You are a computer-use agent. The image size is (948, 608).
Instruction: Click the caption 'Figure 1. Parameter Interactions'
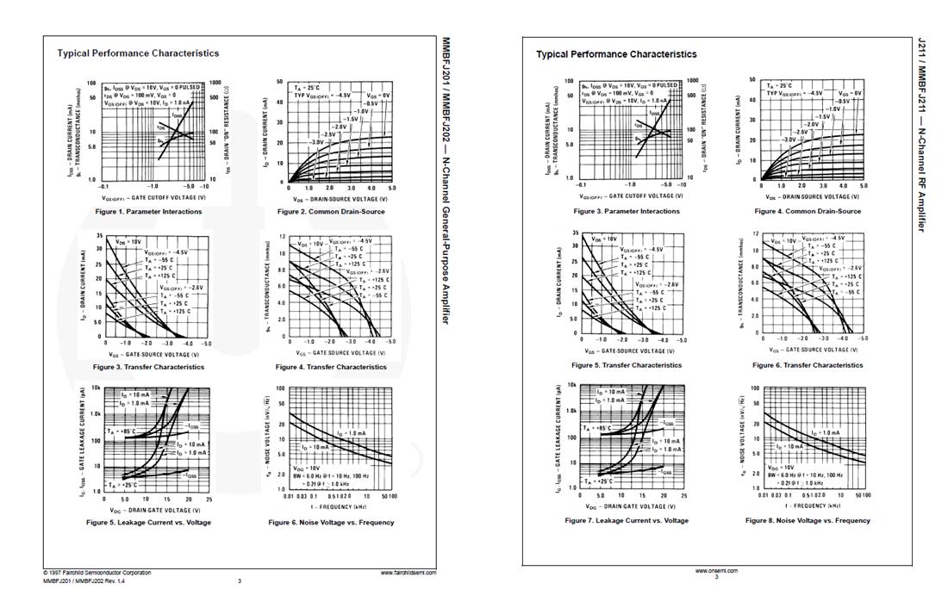pyautogui.click(x=148, y=212)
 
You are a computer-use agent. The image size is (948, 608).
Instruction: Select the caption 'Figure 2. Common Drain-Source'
pyautogui.click(x=331, y=212)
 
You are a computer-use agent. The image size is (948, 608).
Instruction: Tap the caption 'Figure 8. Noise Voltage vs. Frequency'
pyautogui.click(x=808, y=520)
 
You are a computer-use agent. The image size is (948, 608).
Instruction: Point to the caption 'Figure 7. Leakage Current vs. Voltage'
pyautogui.click(x=627, y=520)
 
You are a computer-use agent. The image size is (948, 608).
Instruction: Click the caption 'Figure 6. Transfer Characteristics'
pyautogui.click(x=808, y=365)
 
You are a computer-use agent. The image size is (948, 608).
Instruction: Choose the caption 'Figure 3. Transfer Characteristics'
pyautogui.click(x=148, y=367)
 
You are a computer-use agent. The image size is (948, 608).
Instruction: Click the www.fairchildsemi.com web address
pyautogui.click(x=408, y=573)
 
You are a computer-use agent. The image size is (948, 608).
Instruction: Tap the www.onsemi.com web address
pyautogui.click(x=715, y=570)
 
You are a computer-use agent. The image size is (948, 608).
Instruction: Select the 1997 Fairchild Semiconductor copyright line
pyautogui.click(x=97, y=573)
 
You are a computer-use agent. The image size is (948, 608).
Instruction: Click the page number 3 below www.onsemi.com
pyautogui.click(x=715, y=577)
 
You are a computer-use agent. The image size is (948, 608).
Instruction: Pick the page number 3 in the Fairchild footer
pyautogui.click(x=240, y=581)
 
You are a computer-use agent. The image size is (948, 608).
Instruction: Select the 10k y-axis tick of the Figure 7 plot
pyautogui.click(x=571, y=386)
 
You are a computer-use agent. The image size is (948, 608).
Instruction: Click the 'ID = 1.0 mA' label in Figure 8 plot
pyautogui.click(x=823, y=433)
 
